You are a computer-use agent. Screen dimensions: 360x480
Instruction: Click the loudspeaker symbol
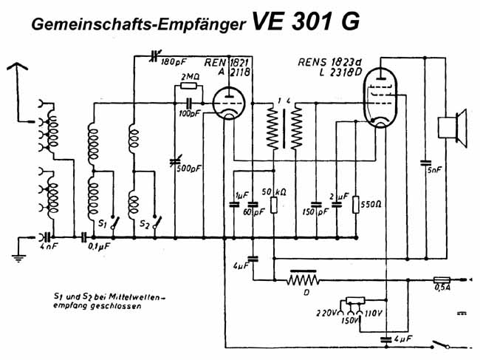[x=452, y=126]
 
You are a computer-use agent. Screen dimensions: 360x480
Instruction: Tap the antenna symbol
[x=22, y=71]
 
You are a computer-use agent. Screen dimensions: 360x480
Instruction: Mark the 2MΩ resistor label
[x=189, y=77]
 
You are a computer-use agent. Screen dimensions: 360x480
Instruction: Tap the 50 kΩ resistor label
[x=279, y=193]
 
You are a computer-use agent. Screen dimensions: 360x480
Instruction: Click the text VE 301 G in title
[x=306, y=22]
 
